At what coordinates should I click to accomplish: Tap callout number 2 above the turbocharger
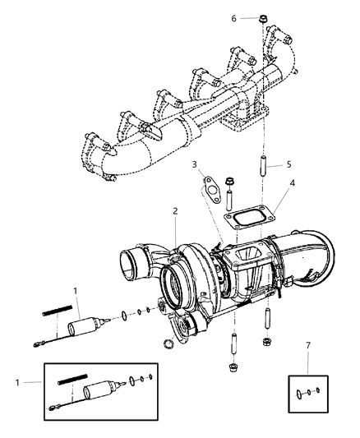pyautogui.click(x=174, y=212)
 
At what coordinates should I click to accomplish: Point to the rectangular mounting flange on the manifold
pyautogui.click(x=242, y=123)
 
